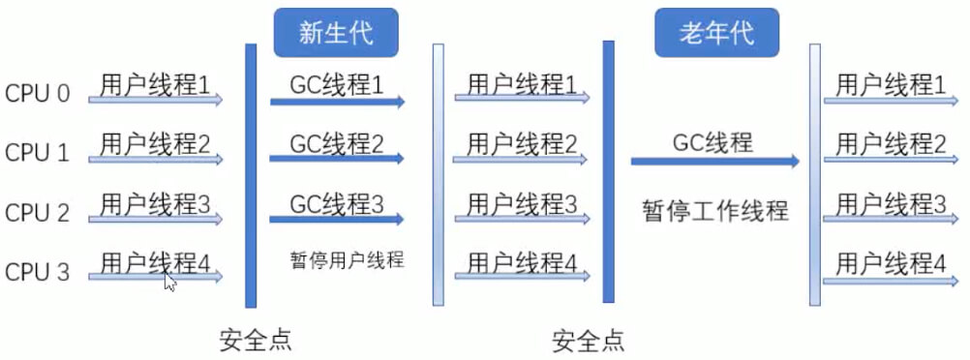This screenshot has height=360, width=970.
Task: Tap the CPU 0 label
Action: [38, 94]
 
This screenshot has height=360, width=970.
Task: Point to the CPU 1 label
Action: [38, 153]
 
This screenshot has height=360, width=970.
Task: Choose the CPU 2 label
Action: [38, 213]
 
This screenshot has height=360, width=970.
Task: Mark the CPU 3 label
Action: [38, 272]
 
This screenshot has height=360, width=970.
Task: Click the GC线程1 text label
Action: [337, 84]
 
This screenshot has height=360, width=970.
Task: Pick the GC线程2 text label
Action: [337, 144]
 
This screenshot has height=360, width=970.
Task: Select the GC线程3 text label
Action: [337, 204]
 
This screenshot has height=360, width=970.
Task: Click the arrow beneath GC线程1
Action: [337, 101]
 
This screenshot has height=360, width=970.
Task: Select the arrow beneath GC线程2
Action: [337, 160]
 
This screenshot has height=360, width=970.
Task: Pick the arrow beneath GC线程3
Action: [337, 220]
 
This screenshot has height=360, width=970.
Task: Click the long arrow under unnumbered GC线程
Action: [714, 162]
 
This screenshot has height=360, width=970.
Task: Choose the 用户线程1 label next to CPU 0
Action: [155, 84]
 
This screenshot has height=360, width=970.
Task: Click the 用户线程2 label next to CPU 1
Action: [155, 144]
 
